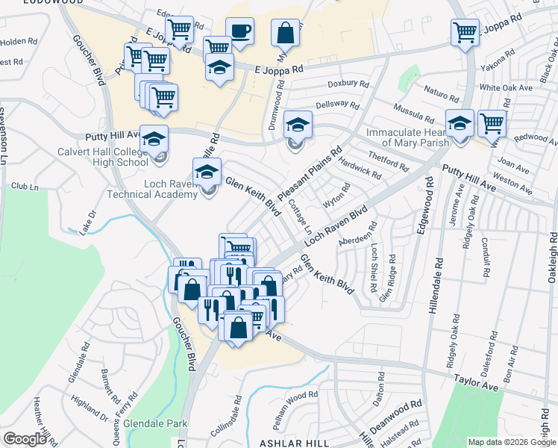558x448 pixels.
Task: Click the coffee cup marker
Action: click(x=239, y=31)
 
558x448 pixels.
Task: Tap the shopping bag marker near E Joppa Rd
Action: click(x=286, y=33)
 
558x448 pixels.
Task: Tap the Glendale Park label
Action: click(x=156, y=423)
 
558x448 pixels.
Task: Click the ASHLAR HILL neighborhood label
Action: click(x=294, y=443)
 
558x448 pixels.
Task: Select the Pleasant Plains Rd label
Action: click(x=309, y=173)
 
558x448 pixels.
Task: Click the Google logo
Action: click(x=25, y=439)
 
